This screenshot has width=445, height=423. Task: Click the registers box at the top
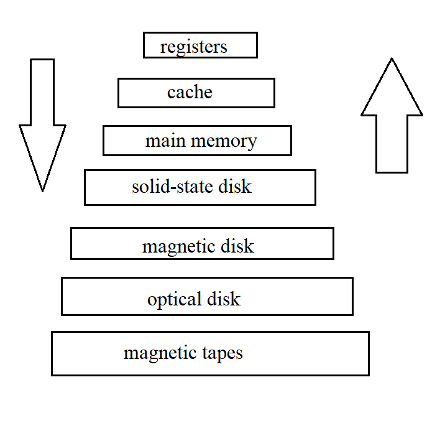pos(200,45)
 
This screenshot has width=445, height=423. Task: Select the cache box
pos(196,93)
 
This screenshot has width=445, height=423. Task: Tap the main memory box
pos(197,141)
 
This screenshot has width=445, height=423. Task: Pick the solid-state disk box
pos(200,187)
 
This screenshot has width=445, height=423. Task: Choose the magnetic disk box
pos(202,243)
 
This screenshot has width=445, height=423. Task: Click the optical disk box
pos(207,296)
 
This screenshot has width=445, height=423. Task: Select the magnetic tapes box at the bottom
pos(210,353)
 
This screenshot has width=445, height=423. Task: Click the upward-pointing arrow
pos(392,118)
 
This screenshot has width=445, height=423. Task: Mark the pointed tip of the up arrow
pos(392,60)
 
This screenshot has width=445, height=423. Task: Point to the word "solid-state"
pos(170,187)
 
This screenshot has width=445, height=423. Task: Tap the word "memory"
pos(224,141)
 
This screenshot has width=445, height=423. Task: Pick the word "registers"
pos(193,47)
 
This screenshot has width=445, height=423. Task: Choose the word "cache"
pos(190,93)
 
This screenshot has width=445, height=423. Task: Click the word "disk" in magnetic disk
pos(237,246)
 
